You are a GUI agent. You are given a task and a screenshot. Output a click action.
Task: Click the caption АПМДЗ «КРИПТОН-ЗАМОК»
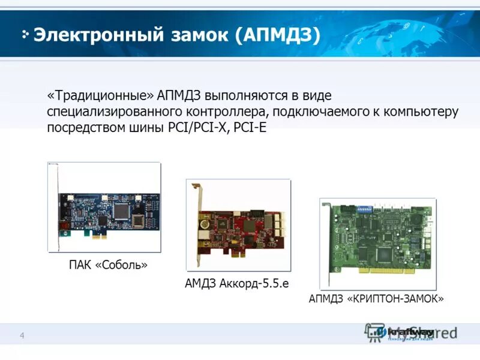coord(376,298)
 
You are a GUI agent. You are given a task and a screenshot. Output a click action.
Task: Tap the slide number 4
coord(22,335)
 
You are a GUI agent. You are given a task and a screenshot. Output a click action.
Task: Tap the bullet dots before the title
coord(25,34)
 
